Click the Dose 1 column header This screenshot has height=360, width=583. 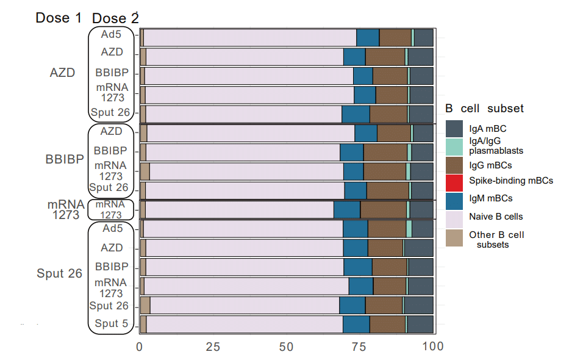pyautogui.click(x=59, y=18)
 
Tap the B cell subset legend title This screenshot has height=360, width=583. pyautogui.click(x=484, y=109)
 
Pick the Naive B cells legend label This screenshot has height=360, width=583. pyautogui.click(x=496, y=216)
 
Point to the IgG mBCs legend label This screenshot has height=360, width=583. pyautogui.click(x=490, y=165)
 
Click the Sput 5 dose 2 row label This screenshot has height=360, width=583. pyautogui.click(x=111, y=324)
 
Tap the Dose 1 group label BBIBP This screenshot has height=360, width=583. pyautogui.click(x=64, y=160)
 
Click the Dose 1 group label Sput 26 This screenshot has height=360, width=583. pyautogui.click(x=59, y=274)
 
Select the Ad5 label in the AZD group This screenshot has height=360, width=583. pyautogui.click(x=112, y=34)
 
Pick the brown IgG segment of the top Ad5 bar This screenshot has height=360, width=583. pyautogui.click(x=395, y=37)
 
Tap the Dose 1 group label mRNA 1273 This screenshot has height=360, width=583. pyautogui.click(x=63, y=209)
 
